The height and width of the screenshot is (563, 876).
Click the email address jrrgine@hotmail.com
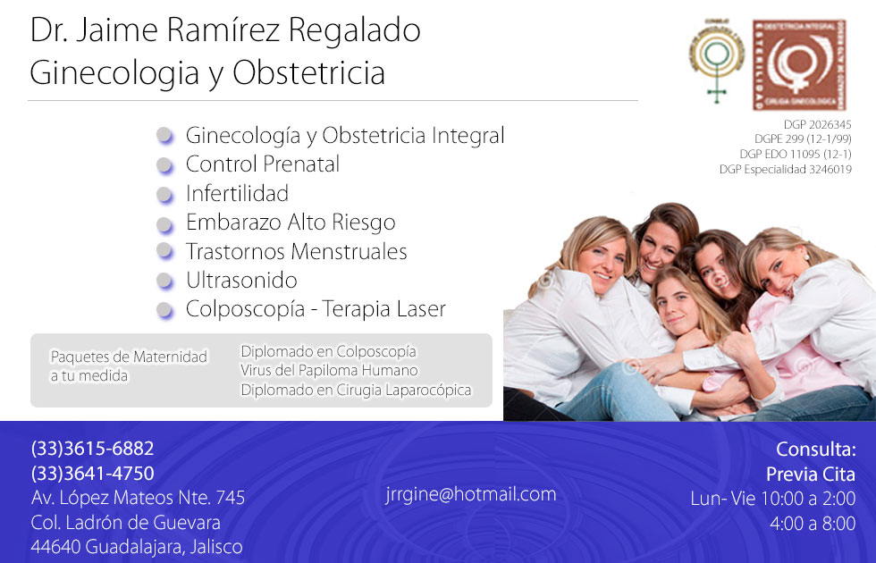click(471, 494)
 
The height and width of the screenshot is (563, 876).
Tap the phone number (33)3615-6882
click(92, 449)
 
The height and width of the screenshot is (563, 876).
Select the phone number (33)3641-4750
click(92, 474)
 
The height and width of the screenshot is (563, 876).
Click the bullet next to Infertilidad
click(164, 195)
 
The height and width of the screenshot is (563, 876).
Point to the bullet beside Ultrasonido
click(164, 281)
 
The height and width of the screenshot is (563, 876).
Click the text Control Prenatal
click(263, 164)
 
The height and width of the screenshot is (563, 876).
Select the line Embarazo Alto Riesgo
click(291, 223)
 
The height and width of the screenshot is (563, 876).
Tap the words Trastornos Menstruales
click(296, 252)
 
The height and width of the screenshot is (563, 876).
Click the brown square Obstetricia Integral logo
click(798, 64)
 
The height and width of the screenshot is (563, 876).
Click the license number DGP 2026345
click(817, 125)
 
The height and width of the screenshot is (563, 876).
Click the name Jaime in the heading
click(119, 30)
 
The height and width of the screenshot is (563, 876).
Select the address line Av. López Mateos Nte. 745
click(138, 498)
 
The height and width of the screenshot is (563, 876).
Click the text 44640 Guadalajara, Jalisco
click(136, 546)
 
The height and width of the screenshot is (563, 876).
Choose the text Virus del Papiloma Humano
click(329, 370)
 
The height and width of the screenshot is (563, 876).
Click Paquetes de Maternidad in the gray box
click(128, 357)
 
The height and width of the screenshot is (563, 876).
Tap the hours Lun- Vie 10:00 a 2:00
click(772, 498)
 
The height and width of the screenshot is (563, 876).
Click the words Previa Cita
click(810, 474)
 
